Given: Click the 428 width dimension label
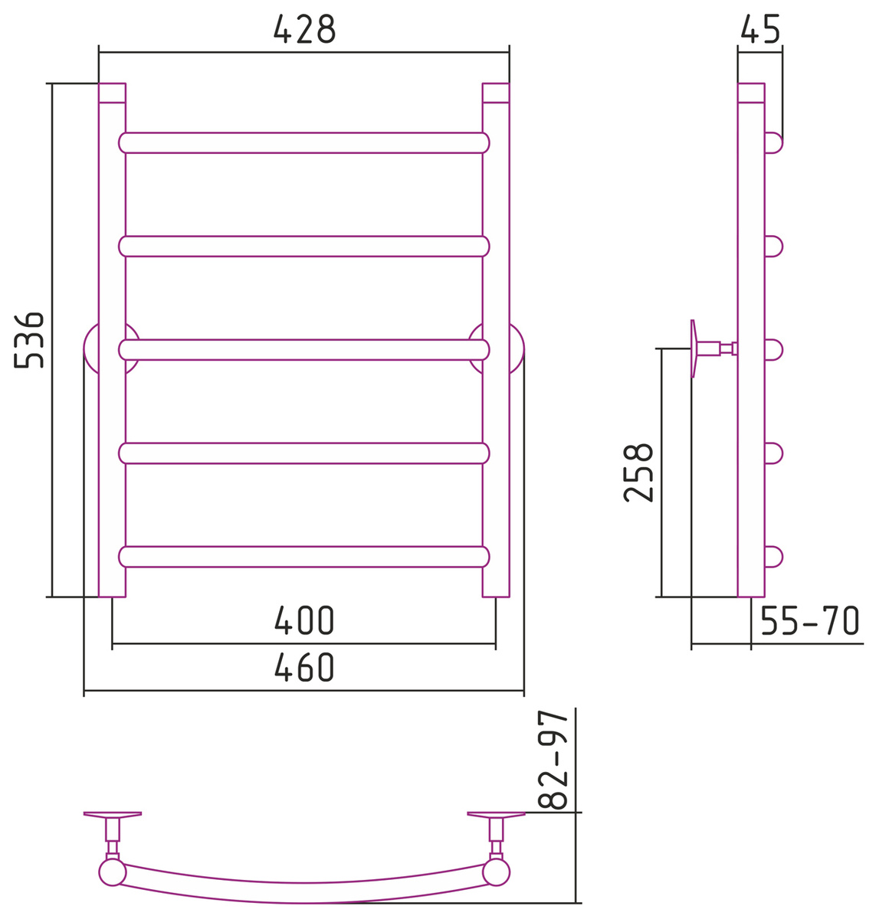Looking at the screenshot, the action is point(304,29).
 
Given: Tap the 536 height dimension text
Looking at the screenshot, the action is point(29,340).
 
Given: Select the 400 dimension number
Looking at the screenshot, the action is point(304,620).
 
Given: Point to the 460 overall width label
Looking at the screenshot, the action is point(304,667).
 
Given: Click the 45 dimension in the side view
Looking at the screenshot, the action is point(760,29).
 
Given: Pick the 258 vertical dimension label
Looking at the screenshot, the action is point(638,473).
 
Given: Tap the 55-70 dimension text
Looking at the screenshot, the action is point(810,620).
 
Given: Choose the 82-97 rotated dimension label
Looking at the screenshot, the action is point(553,760).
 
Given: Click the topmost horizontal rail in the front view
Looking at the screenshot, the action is point(304,142).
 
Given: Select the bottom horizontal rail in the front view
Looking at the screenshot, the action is point(304,557).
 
